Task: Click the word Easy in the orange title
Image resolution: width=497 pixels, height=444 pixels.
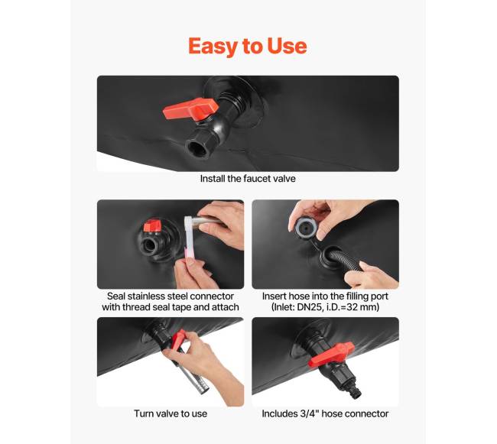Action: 214,47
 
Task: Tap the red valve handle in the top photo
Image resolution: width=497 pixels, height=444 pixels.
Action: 191,109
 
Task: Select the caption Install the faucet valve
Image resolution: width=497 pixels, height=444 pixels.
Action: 248,179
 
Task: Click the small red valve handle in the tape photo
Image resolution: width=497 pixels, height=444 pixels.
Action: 152,225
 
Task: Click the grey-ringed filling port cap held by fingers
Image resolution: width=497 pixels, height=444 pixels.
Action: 305,228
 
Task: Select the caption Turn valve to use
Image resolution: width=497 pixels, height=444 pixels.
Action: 171,413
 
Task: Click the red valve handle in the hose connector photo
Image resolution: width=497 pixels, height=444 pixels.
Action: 331,354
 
